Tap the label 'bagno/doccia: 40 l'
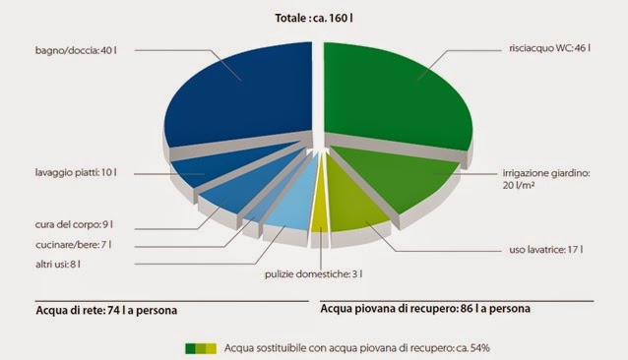point(79,50)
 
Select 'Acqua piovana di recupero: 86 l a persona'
point(425,308)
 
